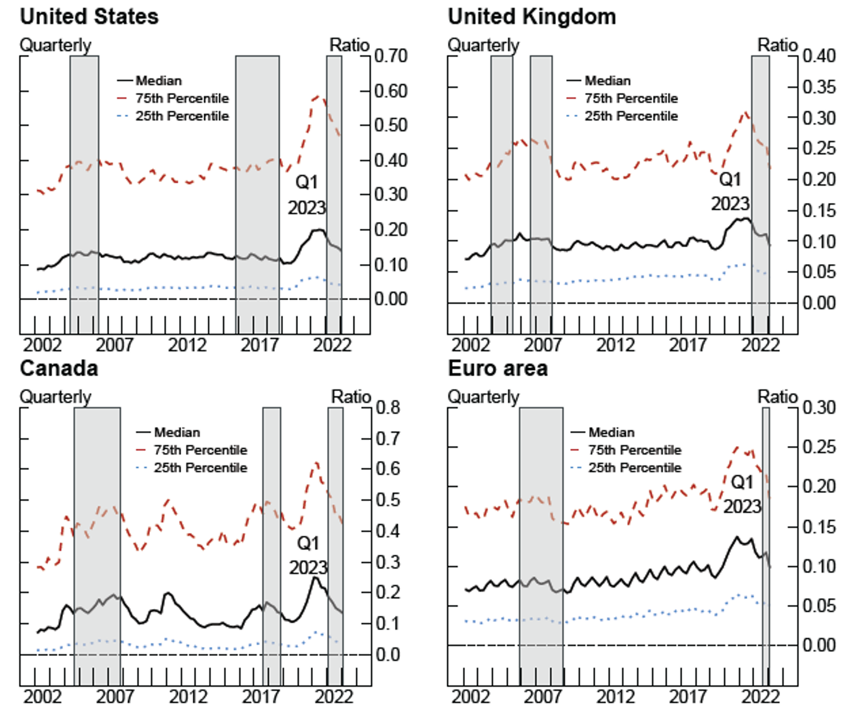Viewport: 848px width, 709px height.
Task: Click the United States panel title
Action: (89, 17)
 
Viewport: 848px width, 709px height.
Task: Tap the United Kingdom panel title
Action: (532, 17)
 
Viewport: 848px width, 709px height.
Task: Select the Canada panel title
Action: (59, 368)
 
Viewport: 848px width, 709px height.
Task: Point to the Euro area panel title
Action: (497, 368)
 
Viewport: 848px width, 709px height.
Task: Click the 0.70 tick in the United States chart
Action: (391, 56)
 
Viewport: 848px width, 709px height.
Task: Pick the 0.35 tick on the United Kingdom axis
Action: (819, 87)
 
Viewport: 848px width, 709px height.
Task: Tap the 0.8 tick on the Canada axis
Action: (388, 408)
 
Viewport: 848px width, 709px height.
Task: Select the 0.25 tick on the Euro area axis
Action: (819, 447)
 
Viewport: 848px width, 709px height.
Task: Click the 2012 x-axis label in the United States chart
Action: (187, 345)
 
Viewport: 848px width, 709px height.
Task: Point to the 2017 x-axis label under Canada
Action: (261, 696)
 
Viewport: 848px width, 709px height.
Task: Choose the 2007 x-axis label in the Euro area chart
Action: (543, 696)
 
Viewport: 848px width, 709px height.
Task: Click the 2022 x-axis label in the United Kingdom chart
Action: (761, 345)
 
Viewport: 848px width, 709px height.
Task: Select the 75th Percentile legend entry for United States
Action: (182, 98)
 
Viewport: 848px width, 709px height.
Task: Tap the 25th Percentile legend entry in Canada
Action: (200, 468)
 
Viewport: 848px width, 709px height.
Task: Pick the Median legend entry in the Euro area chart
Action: (611, 432)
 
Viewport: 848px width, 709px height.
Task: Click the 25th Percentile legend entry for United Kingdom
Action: (631, 116)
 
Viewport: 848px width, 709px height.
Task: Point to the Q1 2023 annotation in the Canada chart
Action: (308, 555)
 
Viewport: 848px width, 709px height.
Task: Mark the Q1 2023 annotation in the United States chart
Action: (306, 195)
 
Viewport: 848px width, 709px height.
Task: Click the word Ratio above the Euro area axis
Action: (777, 396)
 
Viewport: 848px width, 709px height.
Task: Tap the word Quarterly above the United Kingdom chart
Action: (483, 45)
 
